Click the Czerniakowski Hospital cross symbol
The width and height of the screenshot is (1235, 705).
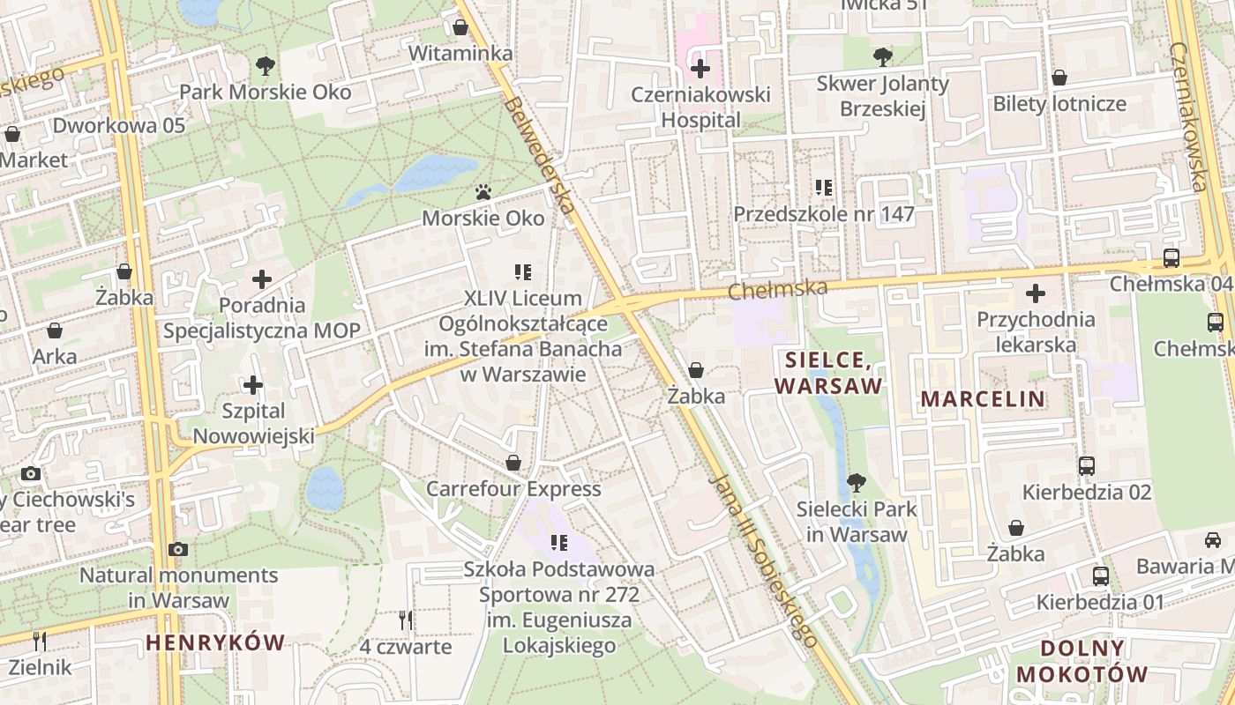[700, 68]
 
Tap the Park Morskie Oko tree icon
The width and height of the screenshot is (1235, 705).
[265, 65]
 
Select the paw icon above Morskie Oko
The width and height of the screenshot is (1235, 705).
[483, 191]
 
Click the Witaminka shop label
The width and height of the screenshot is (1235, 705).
[460, 54]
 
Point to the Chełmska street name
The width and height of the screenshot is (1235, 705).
[779, 289]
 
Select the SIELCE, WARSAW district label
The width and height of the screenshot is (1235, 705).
[827, 373]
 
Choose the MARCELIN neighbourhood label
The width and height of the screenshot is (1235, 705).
[983, 398]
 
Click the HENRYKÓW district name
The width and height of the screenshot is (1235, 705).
[215, 642]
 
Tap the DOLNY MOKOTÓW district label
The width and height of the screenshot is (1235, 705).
[1082, 662]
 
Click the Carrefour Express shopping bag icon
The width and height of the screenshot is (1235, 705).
[513, 463]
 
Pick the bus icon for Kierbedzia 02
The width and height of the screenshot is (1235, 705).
[1087, 466]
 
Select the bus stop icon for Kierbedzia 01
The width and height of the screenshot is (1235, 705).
[1100, 576]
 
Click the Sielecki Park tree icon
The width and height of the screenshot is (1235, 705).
[855, 483]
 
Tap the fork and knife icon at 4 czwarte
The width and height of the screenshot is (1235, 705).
[406, 620]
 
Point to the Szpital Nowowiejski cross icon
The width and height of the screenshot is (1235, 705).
[253, 385]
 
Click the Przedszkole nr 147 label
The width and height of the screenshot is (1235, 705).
[824, 214]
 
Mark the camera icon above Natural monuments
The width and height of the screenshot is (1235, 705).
[178, 550]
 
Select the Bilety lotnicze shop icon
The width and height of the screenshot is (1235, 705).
[1059, 78]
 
